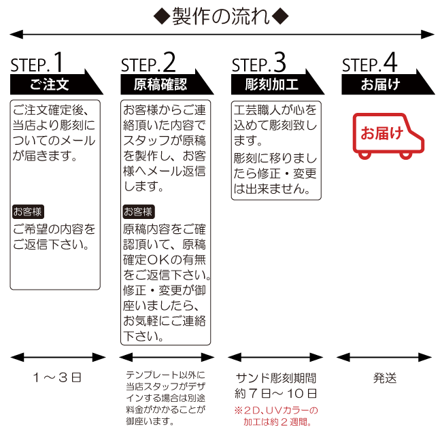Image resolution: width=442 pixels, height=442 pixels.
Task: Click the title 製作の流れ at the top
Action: click(221, 14)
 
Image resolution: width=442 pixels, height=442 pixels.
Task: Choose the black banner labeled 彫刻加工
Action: click(271, 84)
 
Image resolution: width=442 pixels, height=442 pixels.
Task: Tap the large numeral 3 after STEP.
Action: click(279, 63)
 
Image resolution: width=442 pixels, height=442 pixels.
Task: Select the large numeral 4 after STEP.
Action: click(390, 63)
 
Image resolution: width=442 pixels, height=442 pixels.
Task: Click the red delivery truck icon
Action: click(386, 135)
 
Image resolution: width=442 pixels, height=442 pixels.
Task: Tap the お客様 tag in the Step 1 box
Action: click(27, 211)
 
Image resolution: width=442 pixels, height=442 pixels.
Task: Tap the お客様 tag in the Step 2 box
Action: click(138, 211)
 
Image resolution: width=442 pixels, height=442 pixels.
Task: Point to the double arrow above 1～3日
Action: click(58, 357)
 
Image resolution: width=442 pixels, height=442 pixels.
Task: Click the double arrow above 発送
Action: click(386, 357)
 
